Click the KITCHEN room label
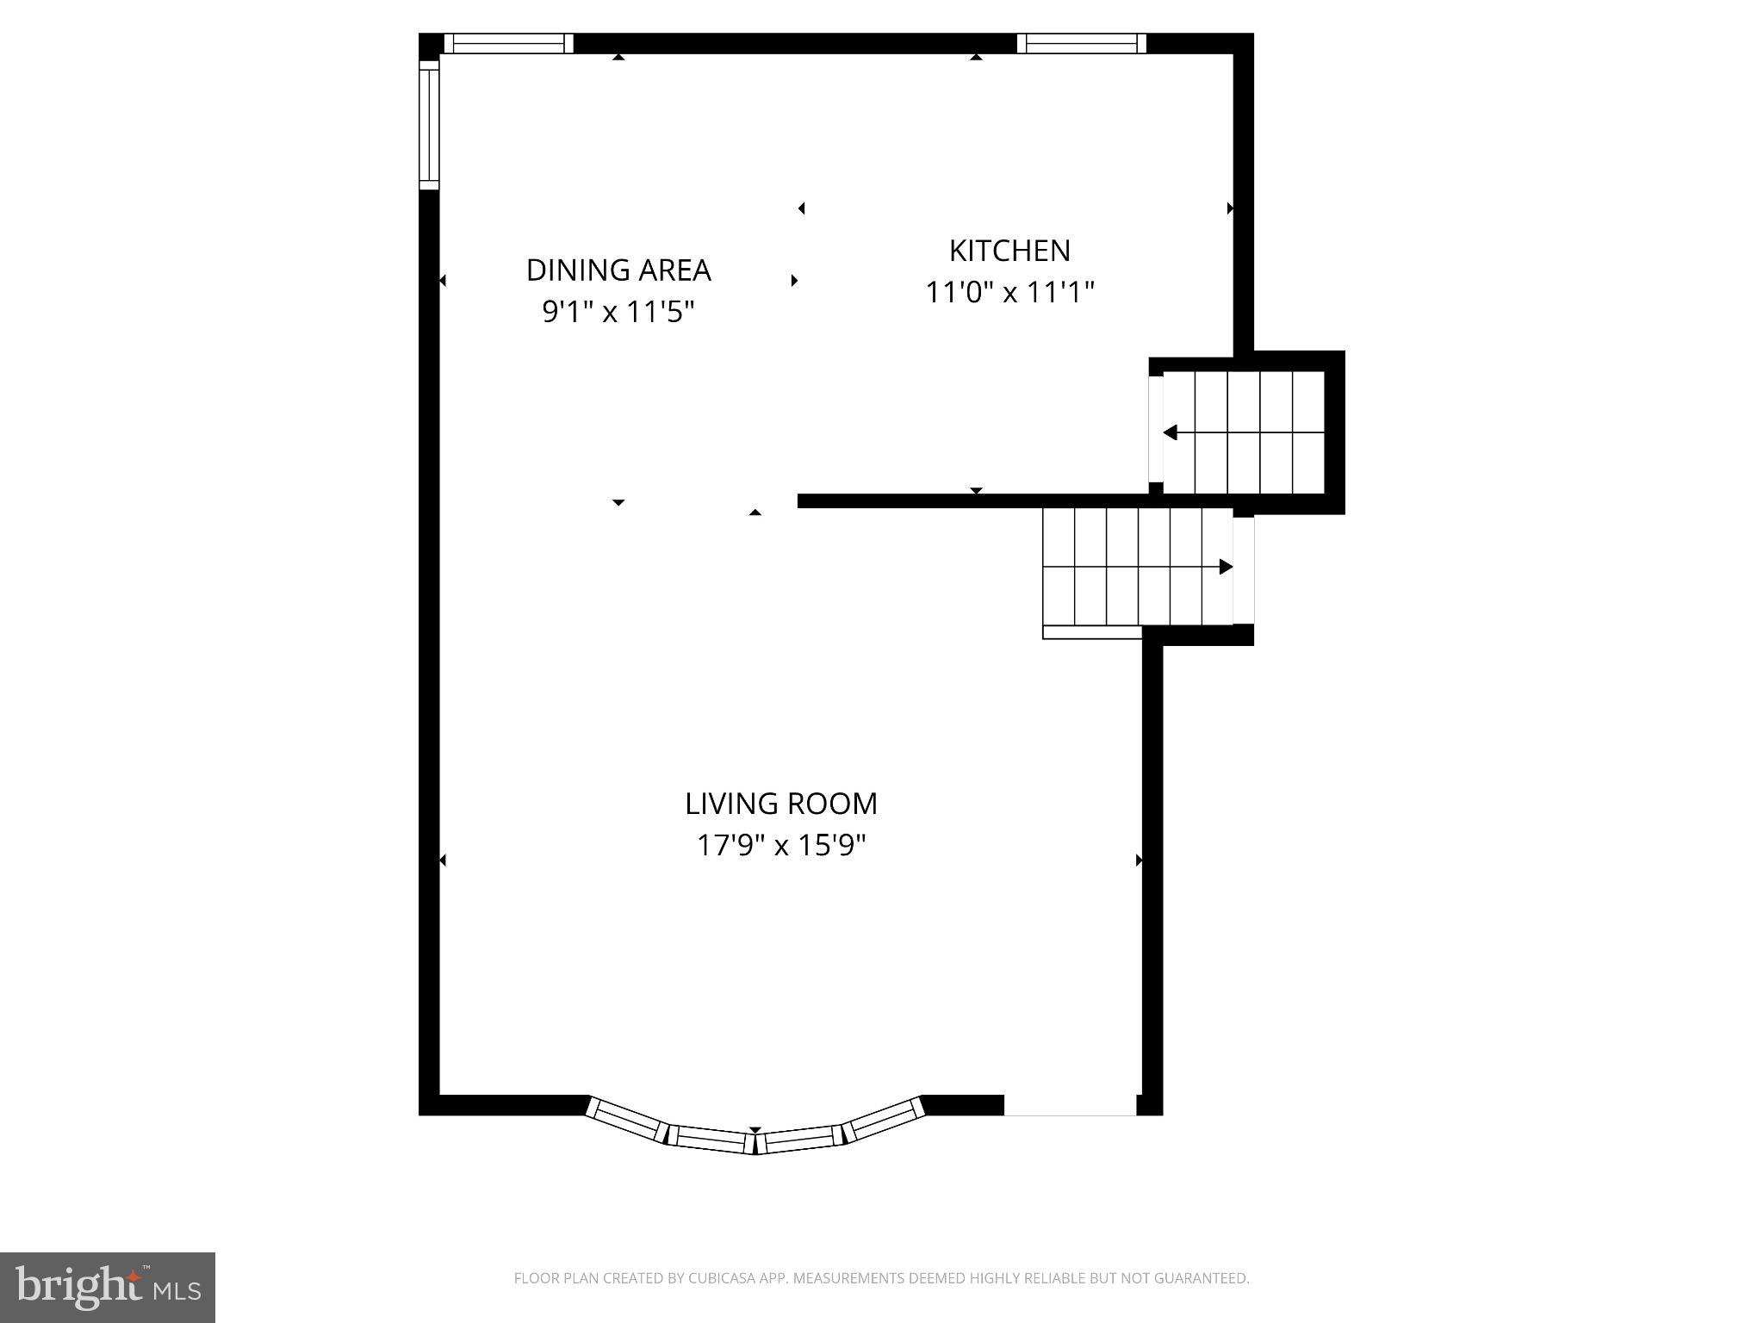click(1009, 251)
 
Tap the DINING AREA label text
click(618, 270)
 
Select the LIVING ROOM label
click(781, 804)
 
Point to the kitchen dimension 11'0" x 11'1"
click(1009, 293)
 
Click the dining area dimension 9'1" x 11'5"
click(618, 311)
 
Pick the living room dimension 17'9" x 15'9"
click(781, 845)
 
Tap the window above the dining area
click(509, 43)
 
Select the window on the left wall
click(429, 126)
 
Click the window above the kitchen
click(1082, 43)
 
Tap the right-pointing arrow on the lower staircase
click(1226, 567)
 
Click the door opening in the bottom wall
click(1070, 1105)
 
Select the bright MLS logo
click(108, 1287)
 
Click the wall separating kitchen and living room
click(973, 501)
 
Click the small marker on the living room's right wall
click(1139, 860)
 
